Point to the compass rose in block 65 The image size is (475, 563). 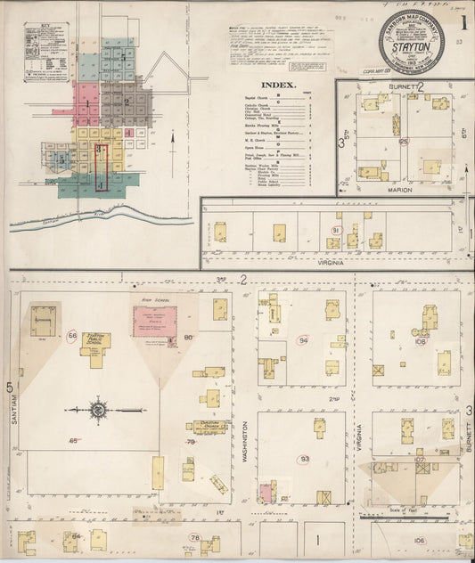pos(98,410)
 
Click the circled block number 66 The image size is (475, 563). pos(72,335)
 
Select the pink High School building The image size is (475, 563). pos(155,322)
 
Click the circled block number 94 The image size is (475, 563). pos(304,340)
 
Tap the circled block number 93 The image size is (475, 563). pos(305,459)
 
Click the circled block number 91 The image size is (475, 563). pos(336,230)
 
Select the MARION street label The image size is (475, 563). pos(402,189)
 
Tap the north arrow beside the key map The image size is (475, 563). pos(171,138)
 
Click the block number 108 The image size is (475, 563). pos(420,340)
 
